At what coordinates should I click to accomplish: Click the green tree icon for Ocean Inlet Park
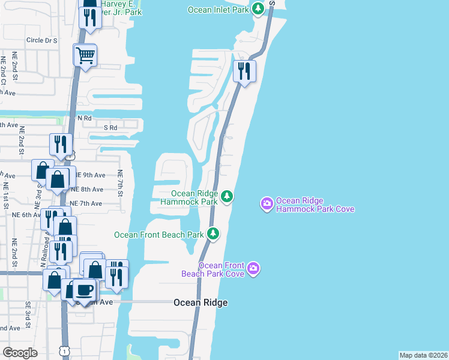258,9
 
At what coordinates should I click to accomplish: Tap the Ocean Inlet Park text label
217,10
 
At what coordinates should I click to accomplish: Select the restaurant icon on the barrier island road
244,71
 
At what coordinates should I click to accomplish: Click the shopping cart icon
85,55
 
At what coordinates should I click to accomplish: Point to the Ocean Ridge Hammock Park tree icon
226,196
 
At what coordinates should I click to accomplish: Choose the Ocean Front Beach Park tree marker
212,233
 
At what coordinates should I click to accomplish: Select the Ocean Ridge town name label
200,303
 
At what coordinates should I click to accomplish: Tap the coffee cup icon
84,290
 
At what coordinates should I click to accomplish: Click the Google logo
20,353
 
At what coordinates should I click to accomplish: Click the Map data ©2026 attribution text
423,355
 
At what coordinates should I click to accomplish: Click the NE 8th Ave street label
87,190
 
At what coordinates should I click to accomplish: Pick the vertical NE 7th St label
120,184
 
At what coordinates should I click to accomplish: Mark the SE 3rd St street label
28,313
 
